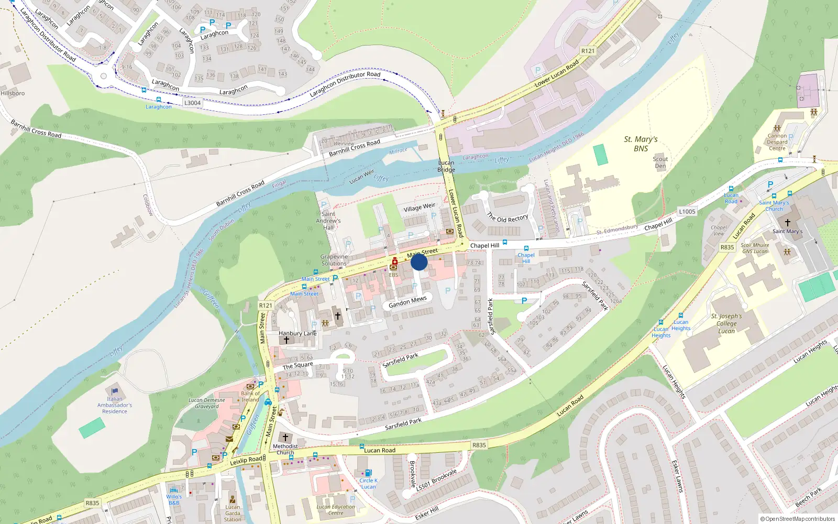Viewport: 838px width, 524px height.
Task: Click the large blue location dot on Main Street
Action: point(419,262)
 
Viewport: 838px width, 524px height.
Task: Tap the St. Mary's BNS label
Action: point(641,144)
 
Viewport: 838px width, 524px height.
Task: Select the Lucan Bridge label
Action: point(446,166)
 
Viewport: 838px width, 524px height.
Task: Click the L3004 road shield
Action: point(192,103)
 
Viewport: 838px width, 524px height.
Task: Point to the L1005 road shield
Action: point(687,212)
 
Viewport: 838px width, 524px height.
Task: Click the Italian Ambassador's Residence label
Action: point(115,405)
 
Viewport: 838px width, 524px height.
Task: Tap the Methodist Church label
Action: point(285,449)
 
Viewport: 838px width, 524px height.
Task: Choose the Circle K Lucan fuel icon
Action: point(368,473)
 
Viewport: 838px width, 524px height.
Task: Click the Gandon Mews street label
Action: point(407,302)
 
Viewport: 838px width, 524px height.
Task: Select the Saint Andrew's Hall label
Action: point(328,221)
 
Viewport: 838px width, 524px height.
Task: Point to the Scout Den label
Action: point(660,162)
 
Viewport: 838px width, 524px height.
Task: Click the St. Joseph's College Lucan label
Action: point(726,323)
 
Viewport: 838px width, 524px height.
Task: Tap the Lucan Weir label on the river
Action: point(362,176)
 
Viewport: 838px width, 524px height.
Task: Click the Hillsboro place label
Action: point(13,93)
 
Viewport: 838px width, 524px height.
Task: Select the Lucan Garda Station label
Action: point(233,513)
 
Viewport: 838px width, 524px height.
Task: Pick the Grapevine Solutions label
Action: point(334,260)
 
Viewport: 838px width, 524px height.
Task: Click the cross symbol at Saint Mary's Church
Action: point(787,222)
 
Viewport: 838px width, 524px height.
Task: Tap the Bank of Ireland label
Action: point(250,396)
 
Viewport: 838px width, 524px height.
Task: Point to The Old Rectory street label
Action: point(507,217)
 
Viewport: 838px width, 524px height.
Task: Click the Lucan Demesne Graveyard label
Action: point(207,403)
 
